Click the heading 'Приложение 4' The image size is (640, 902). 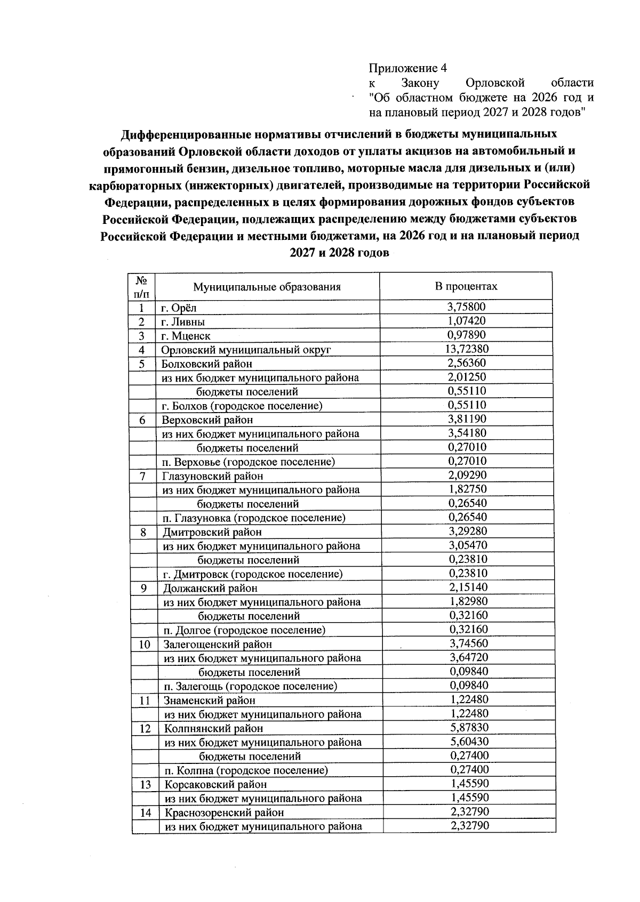tap(407, 68)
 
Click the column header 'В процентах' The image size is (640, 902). tap(466, 286)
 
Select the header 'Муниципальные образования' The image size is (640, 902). tap(267, 287)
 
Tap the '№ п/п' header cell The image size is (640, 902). tap(142, 286)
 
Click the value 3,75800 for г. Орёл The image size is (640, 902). tap(466, 307)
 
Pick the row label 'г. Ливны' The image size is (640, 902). tap(183, 322)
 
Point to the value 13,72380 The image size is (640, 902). tap(467, 349)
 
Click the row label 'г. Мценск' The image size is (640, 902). tap(186, 336)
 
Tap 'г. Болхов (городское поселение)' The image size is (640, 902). tap(242, 406)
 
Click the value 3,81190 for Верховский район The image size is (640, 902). tap(467, 419)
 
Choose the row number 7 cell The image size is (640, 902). tap(143, 476)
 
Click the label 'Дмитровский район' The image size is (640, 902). tap(212, 532)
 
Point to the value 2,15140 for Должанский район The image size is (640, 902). tap(468, 587)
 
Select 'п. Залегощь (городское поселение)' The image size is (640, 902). tap(250, 686)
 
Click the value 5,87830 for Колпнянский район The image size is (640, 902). tap(469, 728)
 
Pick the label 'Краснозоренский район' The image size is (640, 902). tap(224, 813)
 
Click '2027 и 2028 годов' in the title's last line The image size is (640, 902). tap(339, 253)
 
